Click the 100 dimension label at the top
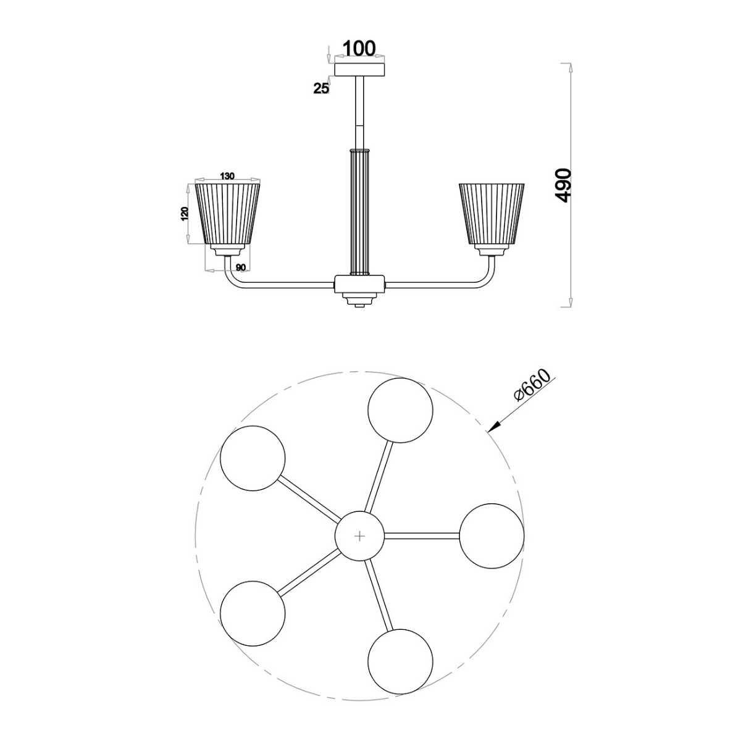pyautogui.click(x=358, y=48)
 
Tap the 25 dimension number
pyautogui.click(x=322, y=89)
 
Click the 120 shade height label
pyautogui.click(x=185, y=214)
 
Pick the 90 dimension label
pyautogui.click(x=241, y=267)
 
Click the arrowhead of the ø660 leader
pyautogui.click(x=495, y=425)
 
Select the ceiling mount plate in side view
pyautogui.click(x=359, y=70)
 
